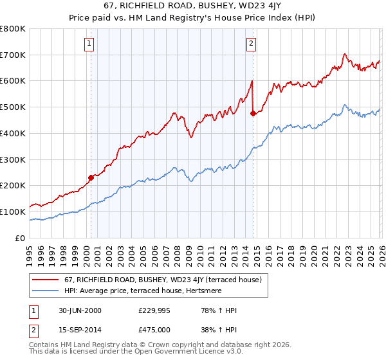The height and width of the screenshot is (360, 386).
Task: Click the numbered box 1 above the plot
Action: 88,44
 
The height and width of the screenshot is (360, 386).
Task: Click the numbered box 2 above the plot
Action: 250,44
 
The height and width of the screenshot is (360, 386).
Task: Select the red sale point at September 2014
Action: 253,113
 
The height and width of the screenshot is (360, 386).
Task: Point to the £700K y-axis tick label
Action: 13,55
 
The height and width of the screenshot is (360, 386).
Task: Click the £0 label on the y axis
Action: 19,238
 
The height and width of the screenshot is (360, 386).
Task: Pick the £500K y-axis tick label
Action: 13,107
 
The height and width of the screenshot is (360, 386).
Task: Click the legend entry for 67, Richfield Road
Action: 162,280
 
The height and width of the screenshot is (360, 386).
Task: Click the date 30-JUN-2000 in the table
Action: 80,310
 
